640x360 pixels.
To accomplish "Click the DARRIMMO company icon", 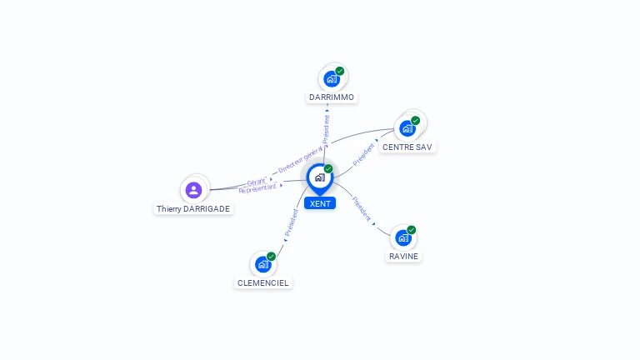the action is (x=332, y=79).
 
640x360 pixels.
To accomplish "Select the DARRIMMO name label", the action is (x=332, y=97).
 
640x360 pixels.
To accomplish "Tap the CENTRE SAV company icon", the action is (x=407, y=128).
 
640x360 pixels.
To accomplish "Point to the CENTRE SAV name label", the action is (x=407, y=147).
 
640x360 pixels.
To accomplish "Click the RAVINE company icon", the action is (x=403, y=238).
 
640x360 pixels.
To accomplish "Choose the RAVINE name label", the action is (x=403, y=257).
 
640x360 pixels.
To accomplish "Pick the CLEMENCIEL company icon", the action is (x=263, y=264).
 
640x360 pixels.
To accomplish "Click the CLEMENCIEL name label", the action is (x=262, y=282).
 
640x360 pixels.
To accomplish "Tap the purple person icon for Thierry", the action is (x=194, y=190).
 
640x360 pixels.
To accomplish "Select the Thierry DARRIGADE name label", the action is (x=193, y=209).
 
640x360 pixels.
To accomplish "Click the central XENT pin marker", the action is (x=320, y=179).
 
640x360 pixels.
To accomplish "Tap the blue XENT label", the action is (x=320, y=203).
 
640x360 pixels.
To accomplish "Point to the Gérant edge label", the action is (x=257, y=182).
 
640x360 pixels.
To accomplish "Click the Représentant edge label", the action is (x=257, y=188).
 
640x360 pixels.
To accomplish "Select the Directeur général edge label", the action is (x=300, y=160).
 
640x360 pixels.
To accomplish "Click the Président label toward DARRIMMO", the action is (x=326, y=129).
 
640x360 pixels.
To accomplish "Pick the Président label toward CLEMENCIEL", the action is (x=292, y=222).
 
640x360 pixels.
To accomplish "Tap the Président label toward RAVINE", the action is (x=362, y=209).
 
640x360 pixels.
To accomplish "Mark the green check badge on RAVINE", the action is (x=412, y=230).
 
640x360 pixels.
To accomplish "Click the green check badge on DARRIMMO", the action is (x=340, y=71).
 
